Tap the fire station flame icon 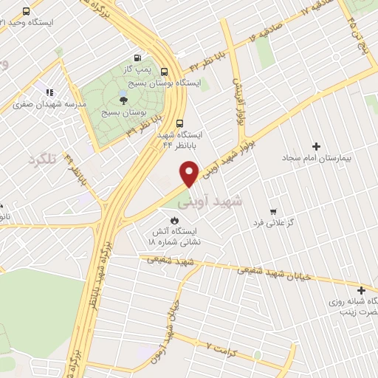point(174,220)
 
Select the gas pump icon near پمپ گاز point(137,58)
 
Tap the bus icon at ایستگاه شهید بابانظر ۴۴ point(180,124)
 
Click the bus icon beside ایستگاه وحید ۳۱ point(27,11)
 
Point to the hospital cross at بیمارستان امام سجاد point(317,146)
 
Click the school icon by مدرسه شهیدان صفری point(50,92)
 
